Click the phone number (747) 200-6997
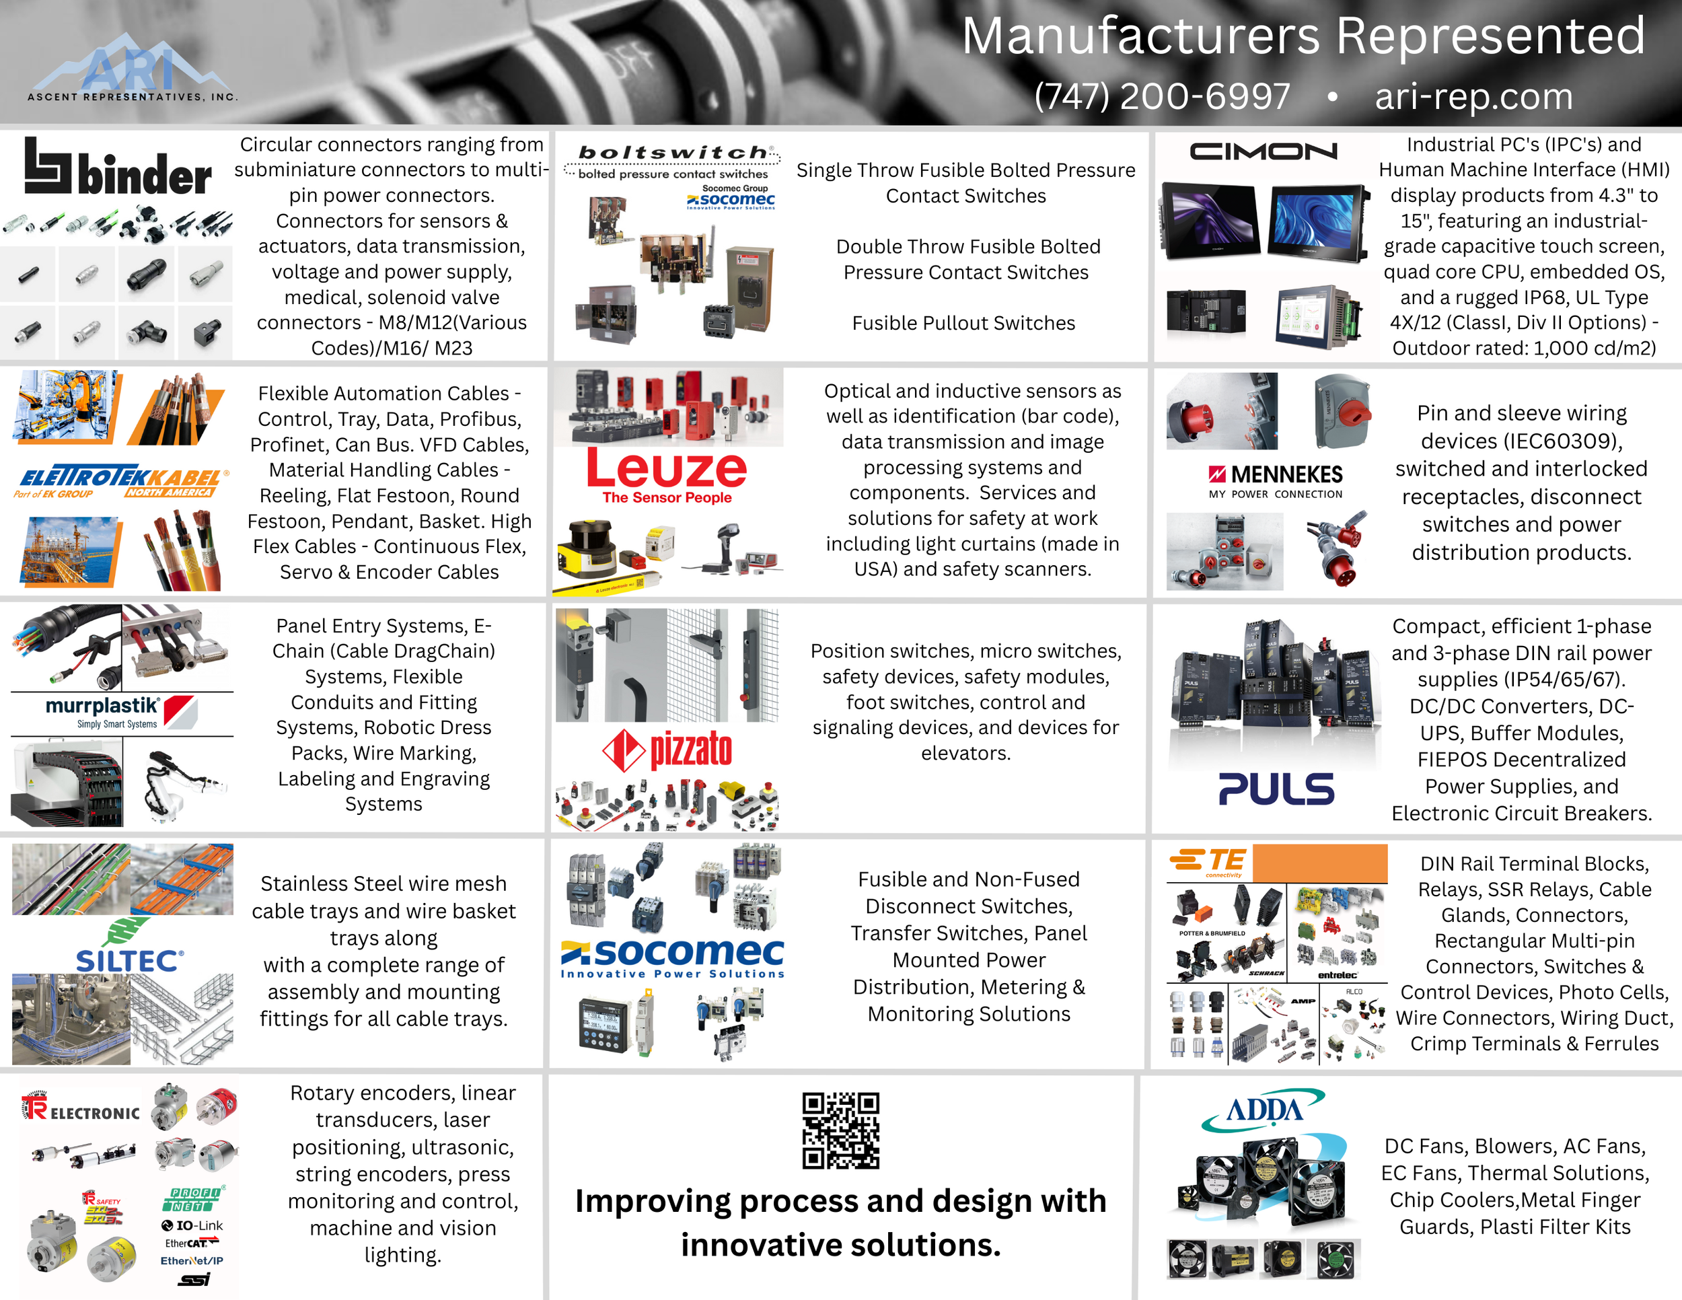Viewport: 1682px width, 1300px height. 1161,97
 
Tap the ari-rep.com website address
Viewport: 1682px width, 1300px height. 1473,97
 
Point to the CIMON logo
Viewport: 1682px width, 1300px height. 1263,151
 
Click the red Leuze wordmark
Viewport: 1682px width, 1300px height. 666,468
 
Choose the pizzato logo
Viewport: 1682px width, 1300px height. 667,750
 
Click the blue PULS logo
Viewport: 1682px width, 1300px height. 1276,789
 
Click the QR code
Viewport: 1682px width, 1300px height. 840,1130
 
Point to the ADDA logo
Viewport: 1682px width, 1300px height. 1263,1110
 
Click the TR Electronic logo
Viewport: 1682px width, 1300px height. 81,1109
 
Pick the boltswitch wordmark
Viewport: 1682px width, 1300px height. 673,153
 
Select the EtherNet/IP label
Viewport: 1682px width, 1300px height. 192,1261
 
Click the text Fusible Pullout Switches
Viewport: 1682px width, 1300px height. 963,324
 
